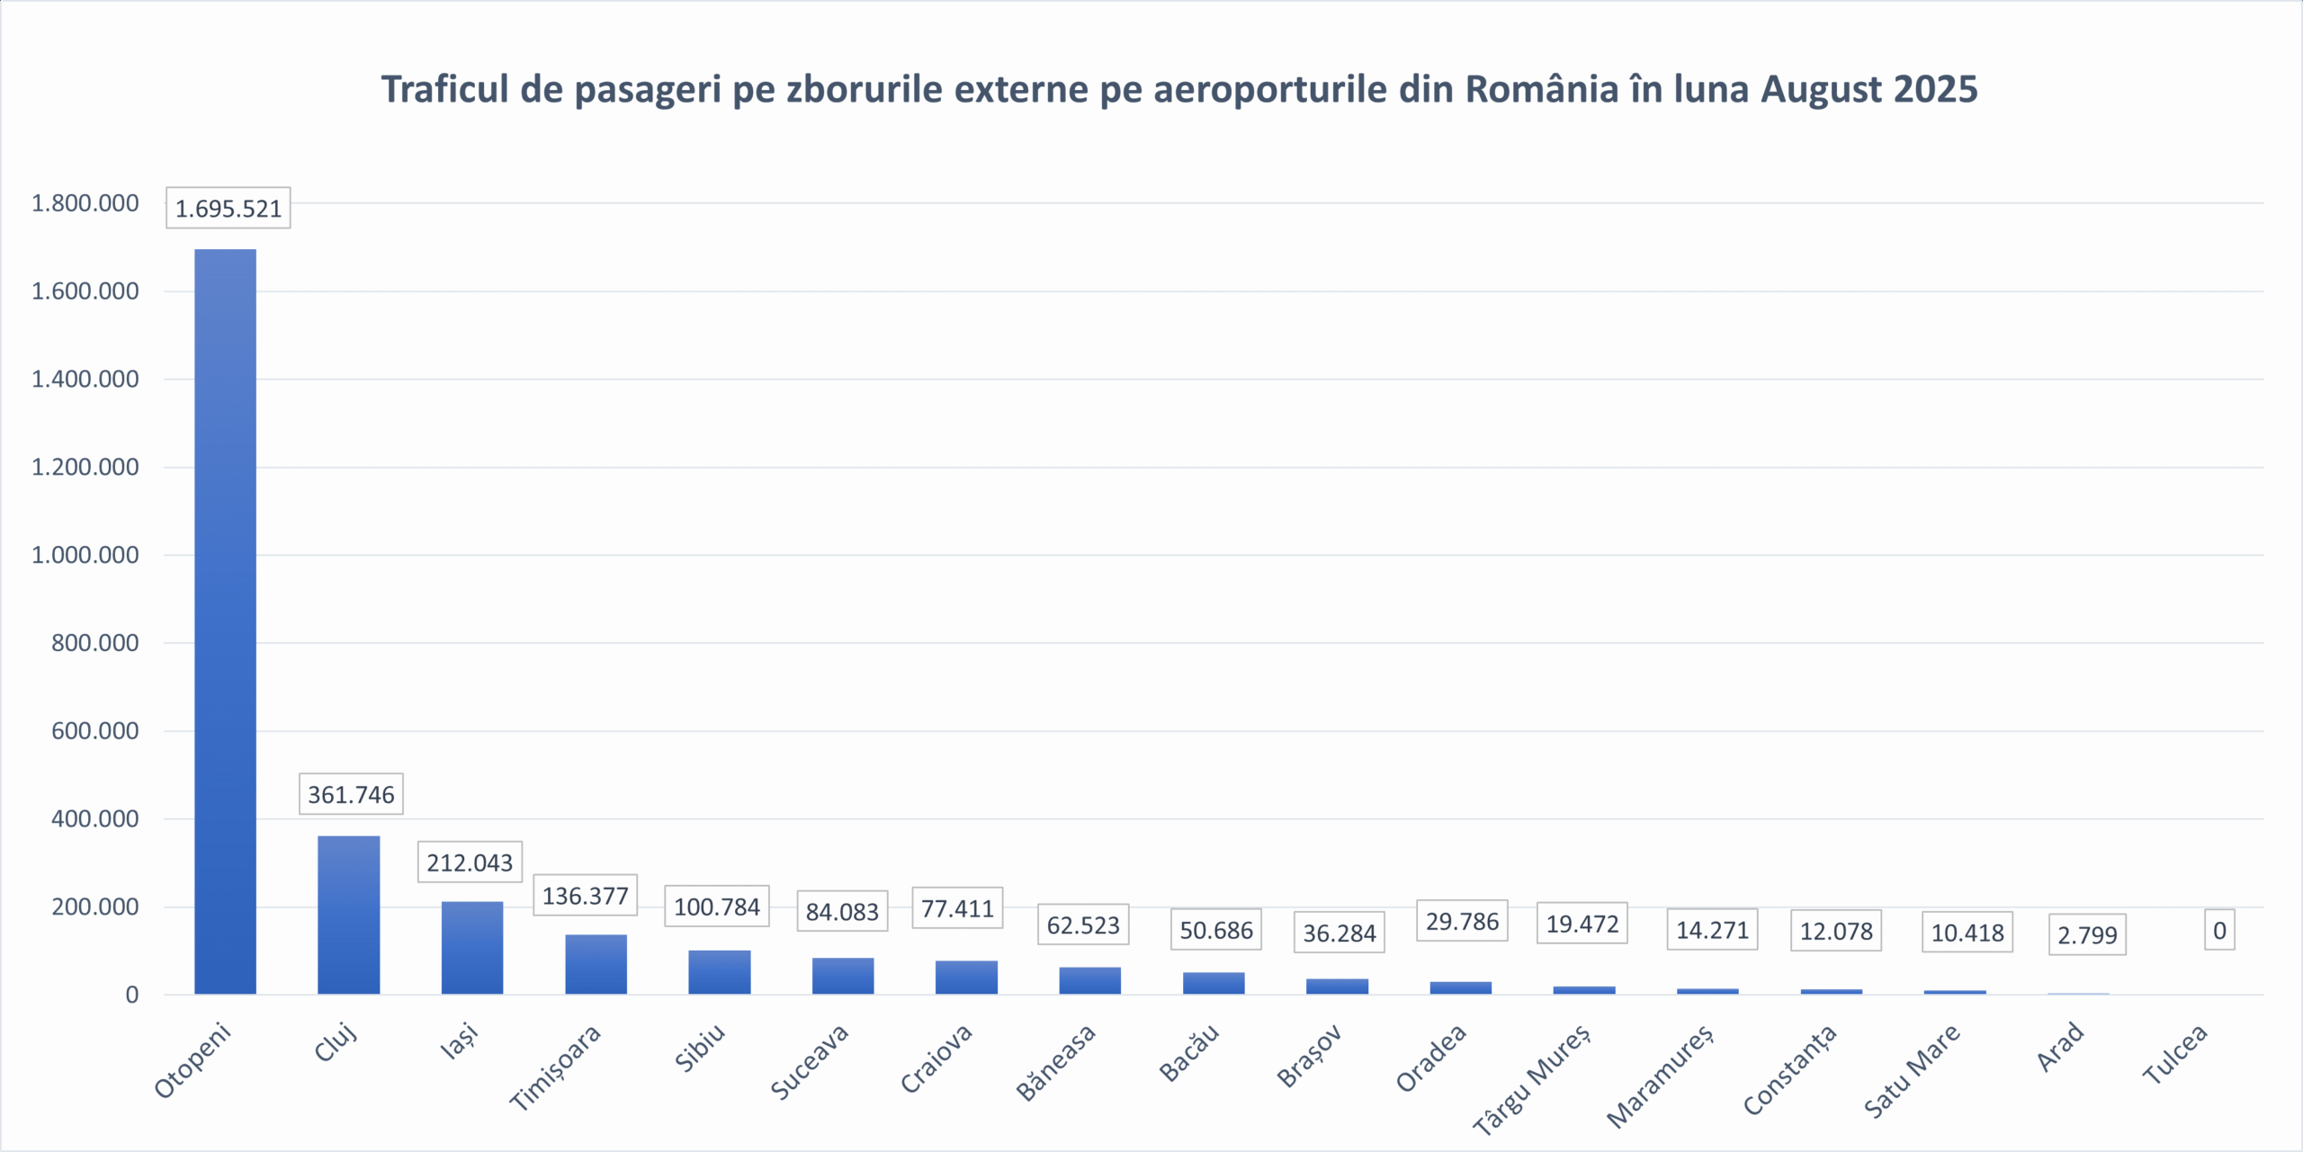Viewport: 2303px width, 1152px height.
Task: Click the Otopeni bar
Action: coord(225,621)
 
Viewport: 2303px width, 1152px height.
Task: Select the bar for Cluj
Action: coord(348,915)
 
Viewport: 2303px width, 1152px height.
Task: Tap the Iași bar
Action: coord(471,947)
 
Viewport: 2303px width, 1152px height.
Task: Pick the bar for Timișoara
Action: coord(596,964)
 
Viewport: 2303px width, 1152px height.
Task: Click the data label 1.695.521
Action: coord(228,209)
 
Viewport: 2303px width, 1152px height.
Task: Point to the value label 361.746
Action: coord(351,794)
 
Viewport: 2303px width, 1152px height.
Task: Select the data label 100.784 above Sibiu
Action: coord(717,906)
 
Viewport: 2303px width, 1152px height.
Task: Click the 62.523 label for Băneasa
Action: coord(1083,924)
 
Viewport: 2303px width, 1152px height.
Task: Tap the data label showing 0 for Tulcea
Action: coord(2219,931)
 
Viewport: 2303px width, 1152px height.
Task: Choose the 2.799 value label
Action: coord(2087,935)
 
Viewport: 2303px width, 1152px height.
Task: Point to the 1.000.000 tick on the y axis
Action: coord(85,555)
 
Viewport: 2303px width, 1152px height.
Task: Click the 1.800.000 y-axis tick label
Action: coord(85,203)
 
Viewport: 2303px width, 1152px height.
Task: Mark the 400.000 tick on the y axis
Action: coord(94,818)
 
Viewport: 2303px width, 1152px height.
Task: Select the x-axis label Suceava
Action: coord(810,1062)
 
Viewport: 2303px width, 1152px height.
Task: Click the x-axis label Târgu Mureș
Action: coord(1531,1079)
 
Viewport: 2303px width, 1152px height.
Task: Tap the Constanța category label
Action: coord(1789,1070)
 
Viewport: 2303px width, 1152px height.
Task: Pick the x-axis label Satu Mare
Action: coord(1912,1071)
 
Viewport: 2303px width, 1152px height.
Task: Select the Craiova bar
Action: coord(966,977)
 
